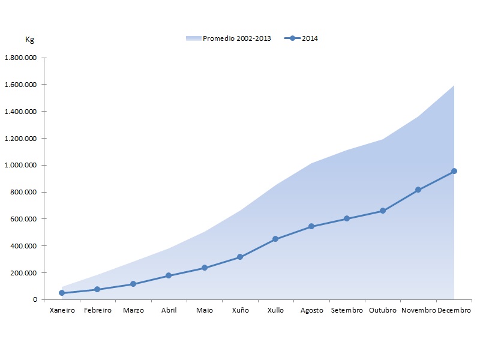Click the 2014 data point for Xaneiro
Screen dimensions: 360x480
point(62,293)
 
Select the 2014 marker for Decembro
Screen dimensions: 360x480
point(454,171)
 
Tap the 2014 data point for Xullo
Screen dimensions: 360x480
point(275,239)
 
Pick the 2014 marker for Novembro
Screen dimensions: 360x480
point(418,190)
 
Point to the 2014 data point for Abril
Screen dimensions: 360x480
point(169,275)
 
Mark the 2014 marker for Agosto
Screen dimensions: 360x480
point(311,226)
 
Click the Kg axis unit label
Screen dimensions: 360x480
point(29,40)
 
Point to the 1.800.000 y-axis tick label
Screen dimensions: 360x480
point(21,58)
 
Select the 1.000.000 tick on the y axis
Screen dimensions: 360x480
point(21,165)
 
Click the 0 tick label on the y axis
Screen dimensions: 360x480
point(35,299)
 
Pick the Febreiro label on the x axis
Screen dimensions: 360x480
point(97,310)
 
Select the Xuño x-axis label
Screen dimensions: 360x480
point(240,310)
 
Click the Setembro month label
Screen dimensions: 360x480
point(347,310)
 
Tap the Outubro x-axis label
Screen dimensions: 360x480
point(383,310)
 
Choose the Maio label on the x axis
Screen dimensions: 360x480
point(205,310)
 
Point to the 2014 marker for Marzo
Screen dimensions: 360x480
point(133,284)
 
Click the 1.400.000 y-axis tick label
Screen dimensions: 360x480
point(21,112)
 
